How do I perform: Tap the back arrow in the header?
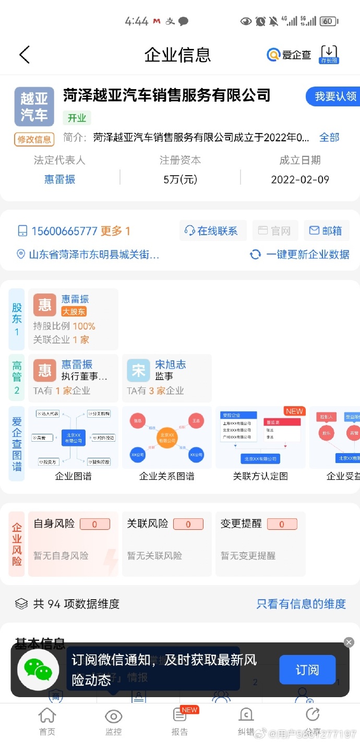[24, 54]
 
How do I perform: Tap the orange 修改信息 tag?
[34, 139]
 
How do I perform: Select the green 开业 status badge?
[77, 118]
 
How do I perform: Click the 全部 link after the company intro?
[329, 137]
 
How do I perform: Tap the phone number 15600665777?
[64, 231]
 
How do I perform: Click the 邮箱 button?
[326, 231]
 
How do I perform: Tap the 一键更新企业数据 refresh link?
[300, 254]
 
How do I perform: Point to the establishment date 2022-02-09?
[300, 179]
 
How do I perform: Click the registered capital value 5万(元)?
[180, 179]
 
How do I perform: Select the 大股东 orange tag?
[74, 312]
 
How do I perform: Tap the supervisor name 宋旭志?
[170, 364]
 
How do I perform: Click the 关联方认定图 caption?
[260, 476]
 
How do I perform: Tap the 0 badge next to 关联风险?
[188, 524]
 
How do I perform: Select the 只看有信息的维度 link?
[301, 604]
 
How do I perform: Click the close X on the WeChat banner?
[349, 642]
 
